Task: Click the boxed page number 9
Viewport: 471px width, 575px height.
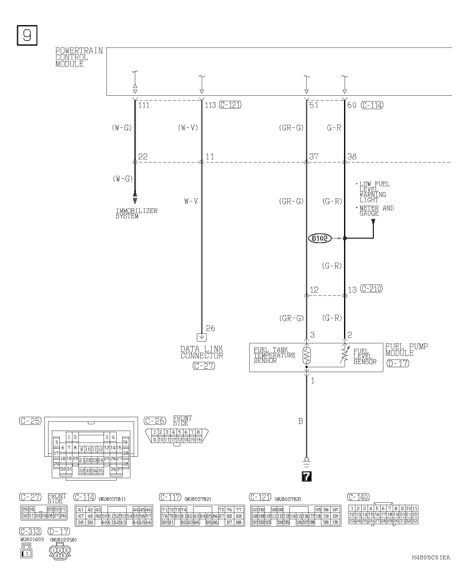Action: (x=27, y=35)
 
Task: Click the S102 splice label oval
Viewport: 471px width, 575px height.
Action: (x=320, y=238)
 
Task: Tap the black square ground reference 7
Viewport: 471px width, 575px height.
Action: (x=307, y=476)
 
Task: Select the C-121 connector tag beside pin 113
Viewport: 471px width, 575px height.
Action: (x=230, y=105)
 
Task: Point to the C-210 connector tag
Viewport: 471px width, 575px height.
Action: (x=371, y=289)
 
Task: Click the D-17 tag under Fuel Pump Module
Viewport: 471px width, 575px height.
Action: (x=398, y=364)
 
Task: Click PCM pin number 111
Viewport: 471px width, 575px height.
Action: (x=144, y=105)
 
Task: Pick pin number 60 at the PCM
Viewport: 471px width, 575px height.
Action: (x=352, y=105)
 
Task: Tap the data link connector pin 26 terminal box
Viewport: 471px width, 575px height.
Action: (x=201, y=337)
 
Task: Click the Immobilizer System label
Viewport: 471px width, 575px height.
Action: (x=136, y=213)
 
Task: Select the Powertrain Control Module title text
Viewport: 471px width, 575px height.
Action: (x=79, y=57)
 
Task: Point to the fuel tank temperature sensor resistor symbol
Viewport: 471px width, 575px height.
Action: (x=306, y=356)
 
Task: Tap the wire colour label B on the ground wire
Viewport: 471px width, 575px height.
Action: (x=301, y=421)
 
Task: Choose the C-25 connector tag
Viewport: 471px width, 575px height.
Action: (x=30, y=421)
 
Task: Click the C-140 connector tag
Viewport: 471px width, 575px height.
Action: (x=358, y=497)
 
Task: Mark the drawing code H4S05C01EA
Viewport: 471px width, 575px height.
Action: (x=431, y=558)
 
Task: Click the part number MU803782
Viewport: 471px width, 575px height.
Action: (x=197, y=499)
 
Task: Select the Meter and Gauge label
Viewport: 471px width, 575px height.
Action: (x=376, y=211)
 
